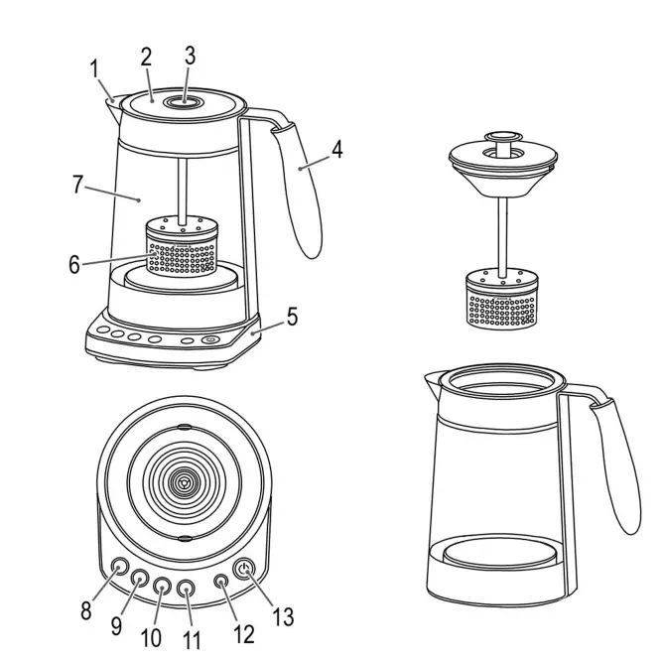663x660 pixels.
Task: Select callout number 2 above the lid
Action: tap(145, 58)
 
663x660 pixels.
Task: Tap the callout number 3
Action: tap(190, 57)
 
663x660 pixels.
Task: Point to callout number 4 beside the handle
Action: tap(336, 150)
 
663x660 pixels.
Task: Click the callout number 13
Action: tap(283, 616)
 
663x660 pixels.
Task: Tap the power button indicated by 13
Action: tap(245, 571)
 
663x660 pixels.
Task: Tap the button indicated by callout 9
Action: tap(139, 579)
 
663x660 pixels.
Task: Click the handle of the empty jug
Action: tap(616, 466)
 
